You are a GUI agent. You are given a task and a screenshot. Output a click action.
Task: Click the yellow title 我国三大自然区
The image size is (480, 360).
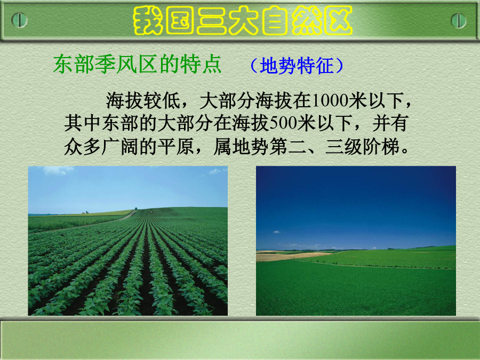pos(243,20)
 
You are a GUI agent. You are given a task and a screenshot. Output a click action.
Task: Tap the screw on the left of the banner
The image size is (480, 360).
pos(19,20)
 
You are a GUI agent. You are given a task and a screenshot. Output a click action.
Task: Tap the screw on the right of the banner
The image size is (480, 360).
pos(459,21)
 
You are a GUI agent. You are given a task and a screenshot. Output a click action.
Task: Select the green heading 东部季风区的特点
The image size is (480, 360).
pos(137,65)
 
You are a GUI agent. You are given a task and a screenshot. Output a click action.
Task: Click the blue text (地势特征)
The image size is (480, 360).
pos(297,66)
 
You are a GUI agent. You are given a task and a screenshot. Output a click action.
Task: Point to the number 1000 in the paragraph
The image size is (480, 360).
pos(330,100)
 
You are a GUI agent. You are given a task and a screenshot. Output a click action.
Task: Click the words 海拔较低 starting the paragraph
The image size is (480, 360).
pos(143,100)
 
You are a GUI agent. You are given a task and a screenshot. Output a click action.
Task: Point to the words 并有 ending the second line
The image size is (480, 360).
pos(390,123)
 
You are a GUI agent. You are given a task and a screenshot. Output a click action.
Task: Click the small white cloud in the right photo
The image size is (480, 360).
pos(277,232)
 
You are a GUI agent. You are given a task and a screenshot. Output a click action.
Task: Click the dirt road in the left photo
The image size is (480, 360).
pos(92,222)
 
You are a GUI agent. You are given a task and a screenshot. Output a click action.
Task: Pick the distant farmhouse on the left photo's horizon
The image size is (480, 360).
pos(84,212)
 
